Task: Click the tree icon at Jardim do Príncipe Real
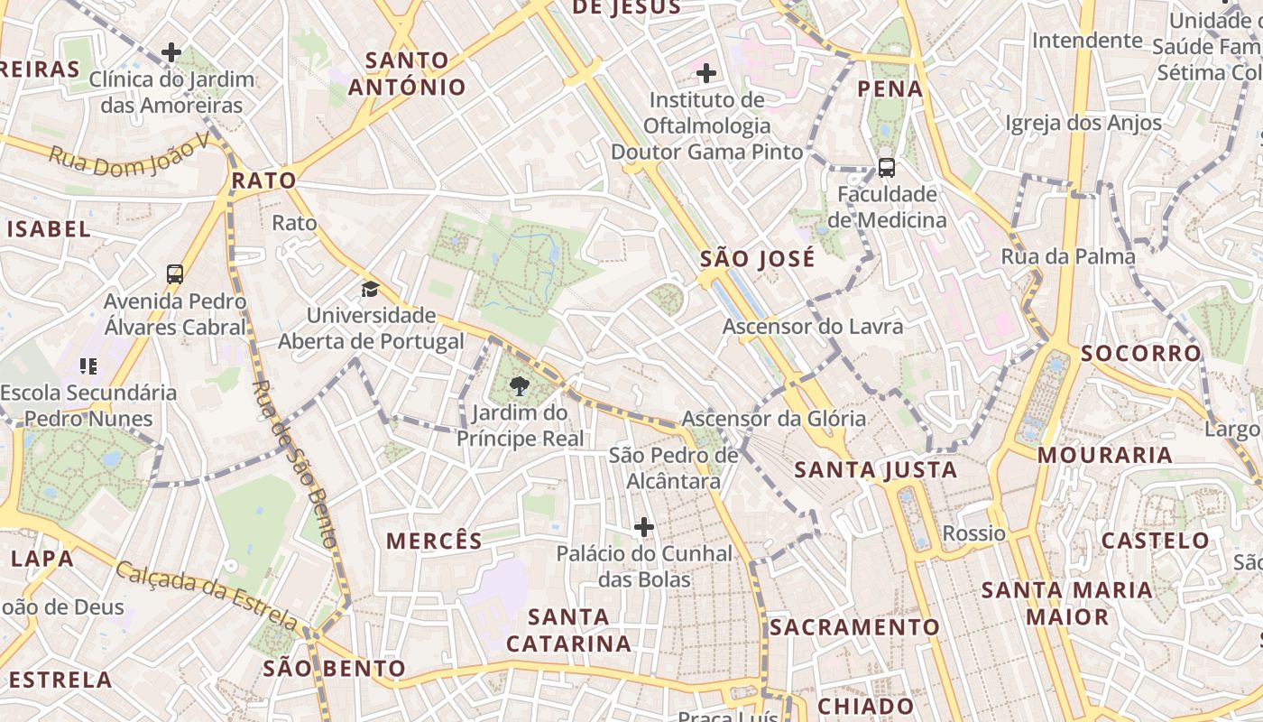[x=519, y=387]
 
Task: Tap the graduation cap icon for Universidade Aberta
[x=370, y=290]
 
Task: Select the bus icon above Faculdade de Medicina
[x=887, y=167]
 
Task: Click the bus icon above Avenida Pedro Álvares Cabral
[x=175, y=274]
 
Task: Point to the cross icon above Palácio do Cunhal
[x=644, y=526]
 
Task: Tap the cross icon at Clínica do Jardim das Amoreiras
[x=171, y=52]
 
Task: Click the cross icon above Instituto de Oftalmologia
[x=706, y=72]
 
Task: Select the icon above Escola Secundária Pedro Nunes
[x=88, y=366]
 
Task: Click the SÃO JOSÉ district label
[x=758, y=259]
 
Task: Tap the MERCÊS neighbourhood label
[x=435, y=541]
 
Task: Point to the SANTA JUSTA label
[x=875, y=469]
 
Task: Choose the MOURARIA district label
[x=1105, y=455]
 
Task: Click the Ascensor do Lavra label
[x=813, y=327]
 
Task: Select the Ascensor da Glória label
[x=773, y=419]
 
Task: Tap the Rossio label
[x=974, y=533]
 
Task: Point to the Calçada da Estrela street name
[x=207, y=595]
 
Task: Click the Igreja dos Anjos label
[x=1084, y=122]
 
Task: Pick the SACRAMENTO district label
[x=854, y=626]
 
